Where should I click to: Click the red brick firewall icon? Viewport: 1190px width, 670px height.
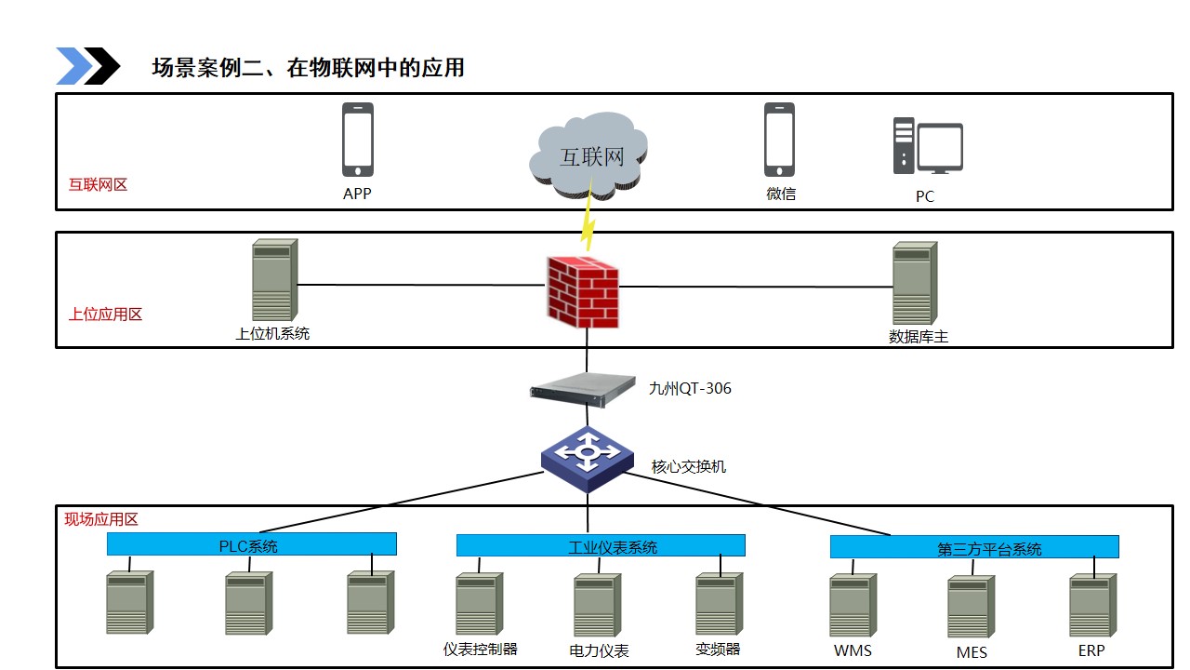[x=583, y=291]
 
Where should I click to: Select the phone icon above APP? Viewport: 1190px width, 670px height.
[x=358, y=140]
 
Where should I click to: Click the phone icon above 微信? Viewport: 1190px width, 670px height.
[x=779, y=140]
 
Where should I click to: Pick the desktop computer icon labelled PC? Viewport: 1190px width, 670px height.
[x=927, y=147]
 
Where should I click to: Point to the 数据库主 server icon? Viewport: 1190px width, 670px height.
[x=915, y=283]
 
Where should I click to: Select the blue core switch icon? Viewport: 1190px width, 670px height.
[x=587, y=457]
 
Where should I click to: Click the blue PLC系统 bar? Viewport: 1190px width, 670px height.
[x=252, y=543]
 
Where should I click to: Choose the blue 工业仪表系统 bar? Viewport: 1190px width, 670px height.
[x=601, y=545]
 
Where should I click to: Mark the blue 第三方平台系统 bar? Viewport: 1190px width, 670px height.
[x=974, y=547]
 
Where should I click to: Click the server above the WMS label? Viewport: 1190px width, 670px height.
[x=853, y=605]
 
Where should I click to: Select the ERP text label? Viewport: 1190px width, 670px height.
[x=1091, y=651]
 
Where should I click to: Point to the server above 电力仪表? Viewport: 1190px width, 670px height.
[x=597, y=605]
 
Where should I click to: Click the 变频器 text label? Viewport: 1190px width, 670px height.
[x=718, y=650]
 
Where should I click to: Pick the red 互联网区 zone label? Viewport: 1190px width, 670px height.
[x=98, y=184]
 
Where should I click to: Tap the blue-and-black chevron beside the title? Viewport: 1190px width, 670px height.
[x=88, y=66]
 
